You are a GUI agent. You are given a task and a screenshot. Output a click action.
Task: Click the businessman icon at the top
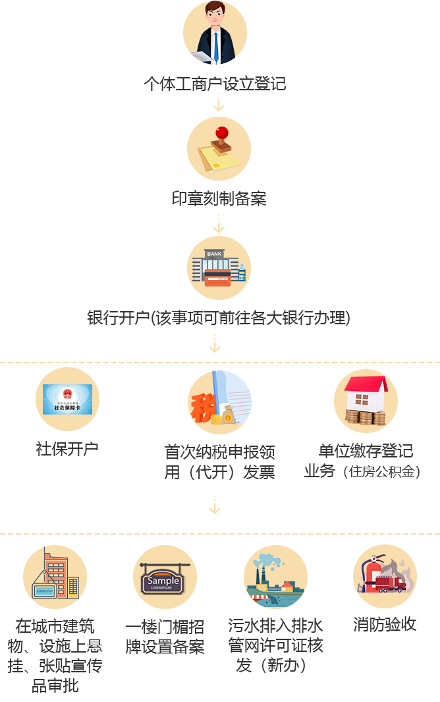[x=215, y=33]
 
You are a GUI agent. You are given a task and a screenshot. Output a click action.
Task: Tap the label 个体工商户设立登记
[x=215, y=84]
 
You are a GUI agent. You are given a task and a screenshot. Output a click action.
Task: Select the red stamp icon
[x=219, y=148]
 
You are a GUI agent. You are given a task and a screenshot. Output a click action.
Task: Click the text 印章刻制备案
[x=219, y=198]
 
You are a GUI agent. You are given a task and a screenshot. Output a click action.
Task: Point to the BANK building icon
[x=219, y=267]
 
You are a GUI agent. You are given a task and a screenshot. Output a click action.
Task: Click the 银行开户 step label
[x=219, y=318]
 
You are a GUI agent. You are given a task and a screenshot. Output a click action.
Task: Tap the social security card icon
[x=67, y=399]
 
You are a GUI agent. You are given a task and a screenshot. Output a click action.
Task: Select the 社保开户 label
[x=67, y=449]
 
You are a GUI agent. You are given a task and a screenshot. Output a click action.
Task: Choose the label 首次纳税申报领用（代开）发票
[x=219, y=461]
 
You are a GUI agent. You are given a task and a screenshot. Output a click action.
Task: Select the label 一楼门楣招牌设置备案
[x=165, y=636]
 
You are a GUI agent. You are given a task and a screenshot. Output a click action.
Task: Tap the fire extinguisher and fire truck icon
[x=385, y=576]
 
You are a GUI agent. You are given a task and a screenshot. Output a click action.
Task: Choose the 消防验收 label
[x=385, y=624]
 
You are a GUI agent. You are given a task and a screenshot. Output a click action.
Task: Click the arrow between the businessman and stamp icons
[x=219, y=102]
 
